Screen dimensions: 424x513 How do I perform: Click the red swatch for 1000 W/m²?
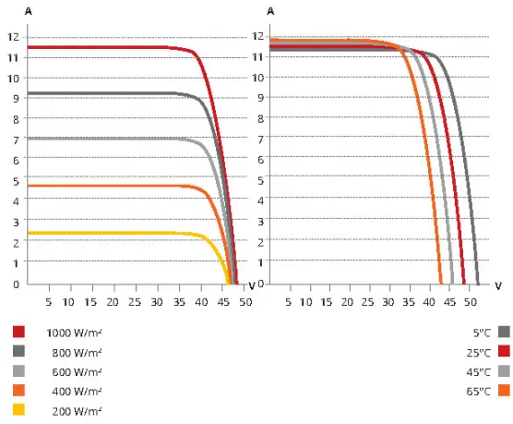(19, 332)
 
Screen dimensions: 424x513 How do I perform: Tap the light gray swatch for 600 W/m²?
(19, 371)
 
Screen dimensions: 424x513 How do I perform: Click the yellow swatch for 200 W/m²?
(19, 410)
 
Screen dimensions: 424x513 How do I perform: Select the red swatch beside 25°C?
(504, 351)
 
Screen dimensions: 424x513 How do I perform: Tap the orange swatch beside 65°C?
(504, 391)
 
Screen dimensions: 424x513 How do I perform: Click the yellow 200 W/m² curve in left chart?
(111, 233)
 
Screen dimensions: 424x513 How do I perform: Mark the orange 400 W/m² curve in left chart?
(111, 187)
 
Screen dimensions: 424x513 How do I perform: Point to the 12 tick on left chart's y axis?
(13, 37)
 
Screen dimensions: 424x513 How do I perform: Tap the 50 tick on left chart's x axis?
(245, 301)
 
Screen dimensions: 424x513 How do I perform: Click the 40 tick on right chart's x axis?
(429, 301)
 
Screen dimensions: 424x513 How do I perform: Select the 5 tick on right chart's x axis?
(289, 301)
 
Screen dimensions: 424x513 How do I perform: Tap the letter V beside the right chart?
(498, 285)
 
